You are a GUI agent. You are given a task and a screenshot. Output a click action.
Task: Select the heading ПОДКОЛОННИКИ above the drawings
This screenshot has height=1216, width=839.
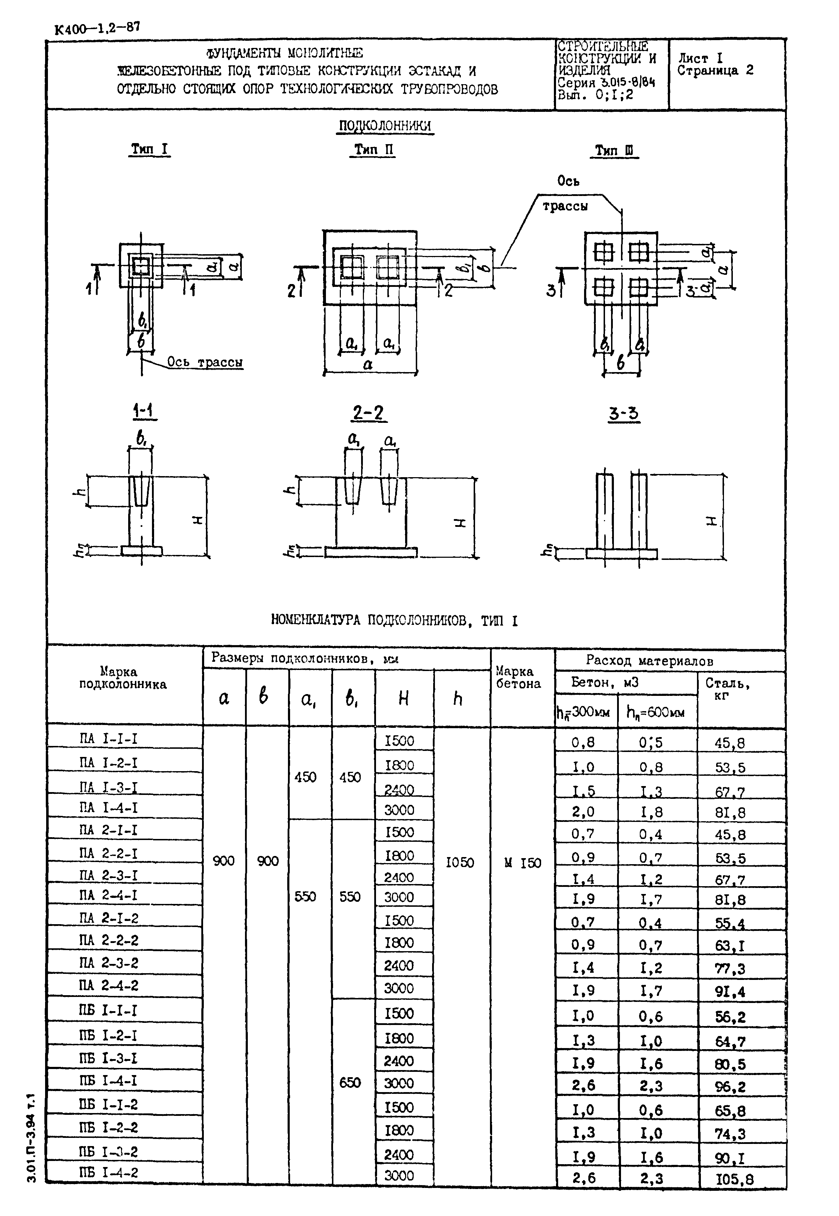coord(385,126)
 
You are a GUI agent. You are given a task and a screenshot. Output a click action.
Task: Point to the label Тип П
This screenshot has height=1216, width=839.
coord(373,150)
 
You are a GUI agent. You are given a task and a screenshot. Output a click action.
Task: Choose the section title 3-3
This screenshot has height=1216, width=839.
coord(624,414)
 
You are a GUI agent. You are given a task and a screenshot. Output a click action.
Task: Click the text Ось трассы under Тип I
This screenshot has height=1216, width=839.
coord(205,362)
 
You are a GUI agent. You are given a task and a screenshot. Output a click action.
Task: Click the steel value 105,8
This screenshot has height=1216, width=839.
coord(734,1180)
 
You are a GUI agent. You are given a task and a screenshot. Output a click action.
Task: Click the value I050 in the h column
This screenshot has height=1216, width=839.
coord(459,862)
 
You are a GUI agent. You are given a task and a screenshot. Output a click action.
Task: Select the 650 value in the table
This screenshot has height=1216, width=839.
coord(350,1083)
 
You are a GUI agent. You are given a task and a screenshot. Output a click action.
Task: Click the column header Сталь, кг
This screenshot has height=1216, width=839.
coord(727,689)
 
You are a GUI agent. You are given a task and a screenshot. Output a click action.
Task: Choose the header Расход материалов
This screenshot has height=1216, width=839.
coord(649,661)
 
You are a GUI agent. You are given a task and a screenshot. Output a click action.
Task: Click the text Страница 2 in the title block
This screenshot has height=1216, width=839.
coord(715,70)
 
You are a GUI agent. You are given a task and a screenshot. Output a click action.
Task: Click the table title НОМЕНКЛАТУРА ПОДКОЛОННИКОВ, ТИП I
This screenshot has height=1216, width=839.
coord(394,621)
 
